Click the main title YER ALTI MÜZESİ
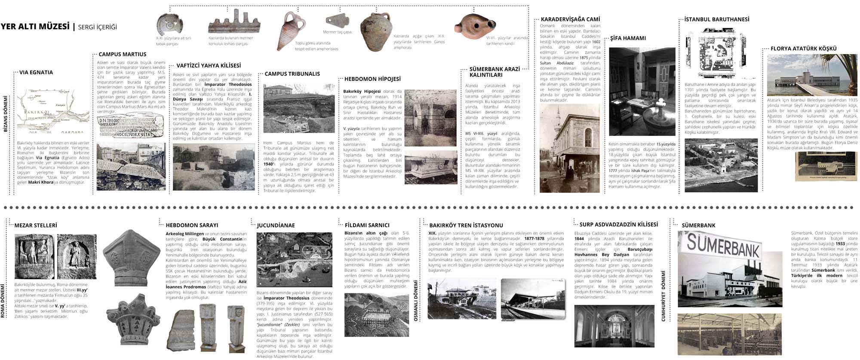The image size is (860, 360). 35,27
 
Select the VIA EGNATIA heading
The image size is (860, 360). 36,72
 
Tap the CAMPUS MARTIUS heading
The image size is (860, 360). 123,54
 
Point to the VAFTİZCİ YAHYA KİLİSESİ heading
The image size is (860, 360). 209,65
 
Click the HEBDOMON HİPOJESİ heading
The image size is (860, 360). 372,79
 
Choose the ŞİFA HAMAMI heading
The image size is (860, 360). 628,38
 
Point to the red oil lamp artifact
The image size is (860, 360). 472,27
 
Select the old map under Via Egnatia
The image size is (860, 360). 53,112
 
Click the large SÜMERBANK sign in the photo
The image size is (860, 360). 724,246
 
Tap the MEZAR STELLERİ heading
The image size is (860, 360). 36,225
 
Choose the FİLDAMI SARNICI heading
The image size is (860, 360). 367,225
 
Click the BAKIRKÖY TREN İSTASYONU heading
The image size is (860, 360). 466,225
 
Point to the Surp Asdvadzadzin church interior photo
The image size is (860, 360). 614,326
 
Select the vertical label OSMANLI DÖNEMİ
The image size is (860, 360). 416,301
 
